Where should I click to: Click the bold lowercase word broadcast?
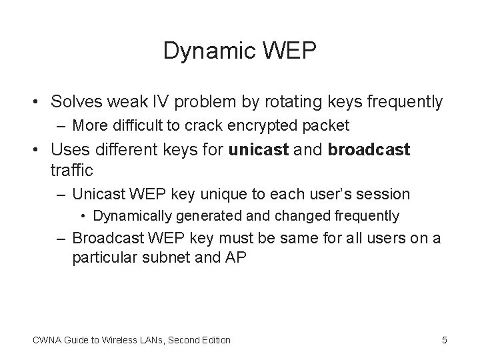(369, 149)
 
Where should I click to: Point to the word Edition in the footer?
(214, 340)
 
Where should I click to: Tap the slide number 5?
(445, 340)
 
